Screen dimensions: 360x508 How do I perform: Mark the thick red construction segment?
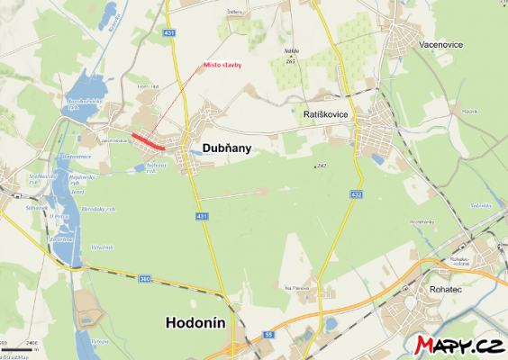[148, 141]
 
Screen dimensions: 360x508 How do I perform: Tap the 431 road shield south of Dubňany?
[200, 216]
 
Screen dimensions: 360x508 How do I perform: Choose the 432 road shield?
[357, 194]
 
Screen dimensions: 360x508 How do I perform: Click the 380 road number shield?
[145, 280]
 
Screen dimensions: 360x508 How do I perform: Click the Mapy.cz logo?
[458, 345]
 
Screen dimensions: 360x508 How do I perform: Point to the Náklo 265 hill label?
[290, 57]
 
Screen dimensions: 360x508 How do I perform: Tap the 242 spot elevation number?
[321, 166]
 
